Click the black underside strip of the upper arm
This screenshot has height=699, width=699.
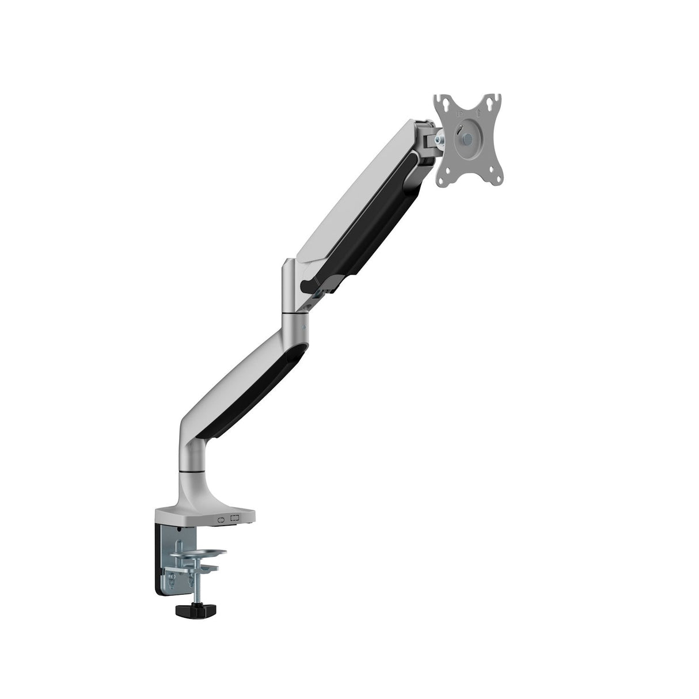[369, 219]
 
